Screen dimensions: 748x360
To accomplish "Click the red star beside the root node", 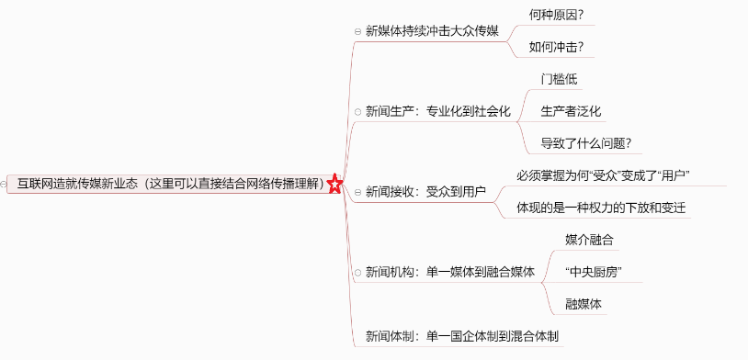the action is tap(334, 185).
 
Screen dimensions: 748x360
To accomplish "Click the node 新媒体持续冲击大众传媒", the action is tap(431, 31).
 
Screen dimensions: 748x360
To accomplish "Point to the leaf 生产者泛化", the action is tap(571, 111).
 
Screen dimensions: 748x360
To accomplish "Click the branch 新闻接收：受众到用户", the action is tap(425, 192).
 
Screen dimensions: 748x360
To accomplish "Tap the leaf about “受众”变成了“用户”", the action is tap(603, 175).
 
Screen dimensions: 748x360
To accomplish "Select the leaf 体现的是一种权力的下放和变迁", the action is tap(602, 208).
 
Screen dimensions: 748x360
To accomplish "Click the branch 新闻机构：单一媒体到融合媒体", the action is tap(449, 272).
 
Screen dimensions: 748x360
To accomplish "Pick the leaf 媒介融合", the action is tap(589, 240).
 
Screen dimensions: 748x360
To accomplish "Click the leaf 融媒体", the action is tap(584, 303).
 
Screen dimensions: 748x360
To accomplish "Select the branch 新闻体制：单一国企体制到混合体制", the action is tap(461, 336).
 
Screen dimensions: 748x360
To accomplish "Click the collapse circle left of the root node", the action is tap(5, 185).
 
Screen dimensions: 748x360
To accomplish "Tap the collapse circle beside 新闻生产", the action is tap(357, 112).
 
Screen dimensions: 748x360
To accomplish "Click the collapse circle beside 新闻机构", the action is tap(357, 273).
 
